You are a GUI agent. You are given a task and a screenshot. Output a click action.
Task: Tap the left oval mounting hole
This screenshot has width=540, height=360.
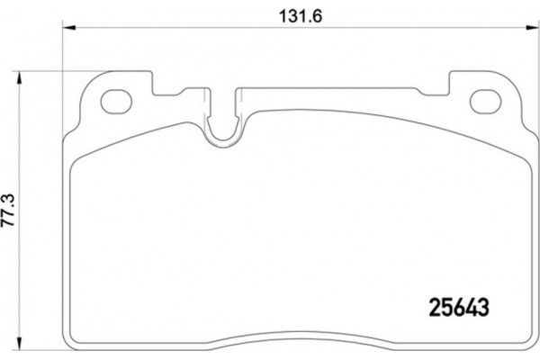pyautogui.click(x=117, y=101)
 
